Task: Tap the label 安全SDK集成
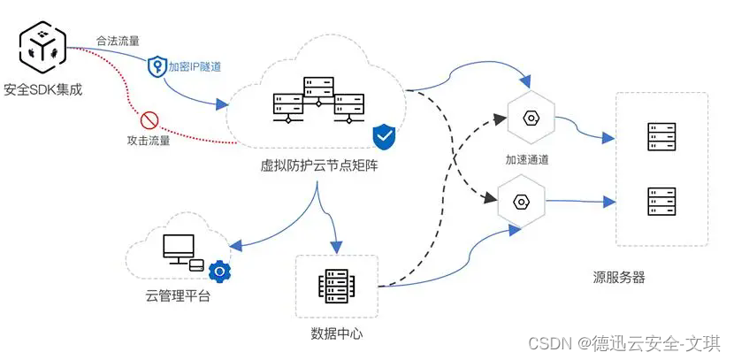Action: click(42, 88)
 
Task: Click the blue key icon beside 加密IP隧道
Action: click(157, 65)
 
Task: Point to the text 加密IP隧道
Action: click(196, 66)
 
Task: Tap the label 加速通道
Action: click(528, 160)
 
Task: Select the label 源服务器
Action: click(619, 277)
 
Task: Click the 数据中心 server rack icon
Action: click(336, 286)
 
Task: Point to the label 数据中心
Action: click(337, 333)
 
